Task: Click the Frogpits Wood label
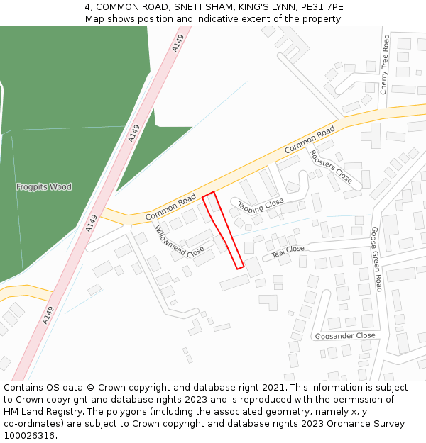[44, 187]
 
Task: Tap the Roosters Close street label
[330, 167]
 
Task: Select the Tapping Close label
[260, 206]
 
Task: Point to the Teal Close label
[288, 250]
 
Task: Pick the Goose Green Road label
[376, 259]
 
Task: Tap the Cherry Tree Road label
[385, 65]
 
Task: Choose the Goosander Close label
[345, 335]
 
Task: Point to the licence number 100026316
[29, 435]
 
